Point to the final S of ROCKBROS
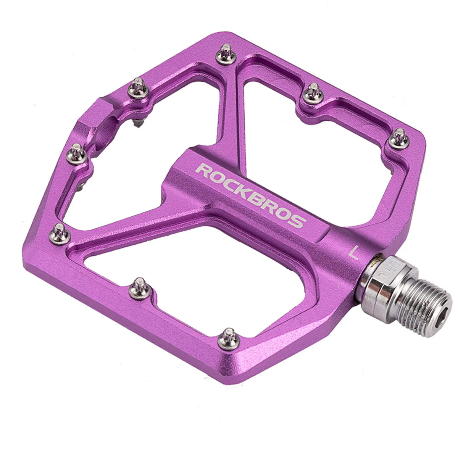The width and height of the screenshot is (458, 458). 298,221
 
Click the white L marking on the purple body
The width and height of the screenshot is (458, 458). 355,253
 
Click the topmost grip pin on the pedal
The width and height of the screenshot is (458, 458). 226,55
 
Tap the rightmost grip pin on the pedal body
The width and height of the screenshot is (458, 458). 399,139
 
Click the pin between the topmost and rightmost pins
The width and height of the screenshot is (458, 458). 313,94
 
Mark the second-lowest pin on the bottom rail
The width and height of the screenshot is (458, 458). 140,289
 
